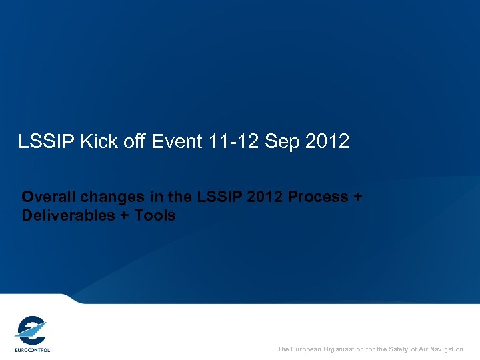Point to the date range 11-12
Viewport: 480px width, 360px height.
pyautogui.click(x=225, y=141)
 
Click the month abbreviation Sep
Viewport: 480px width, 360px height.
pyautogui.click(x=281, y=141)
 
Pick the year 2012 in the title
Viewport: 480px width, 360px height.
pyautogui.click(x=327, y=141)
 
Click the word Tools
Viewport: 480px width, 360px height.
pyautogui.click(x=155, y=215)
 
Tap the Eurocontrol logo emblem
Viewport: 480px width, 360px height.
pyautogui.click(x=31, y=329)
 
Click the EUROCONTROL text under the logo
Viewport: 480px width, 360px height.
pyautogui.click(x=32, y=349)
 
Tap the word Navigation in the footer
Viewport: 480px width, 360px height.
pyautogui.click(x=447, y=349)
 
